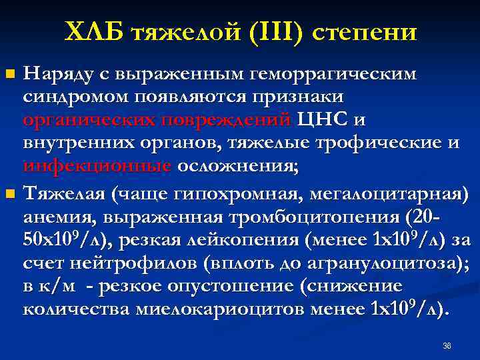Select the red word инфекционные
coord(96,166)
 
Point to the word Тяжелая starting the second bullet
coord(63,194)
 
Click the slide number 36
coord(447,346)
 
